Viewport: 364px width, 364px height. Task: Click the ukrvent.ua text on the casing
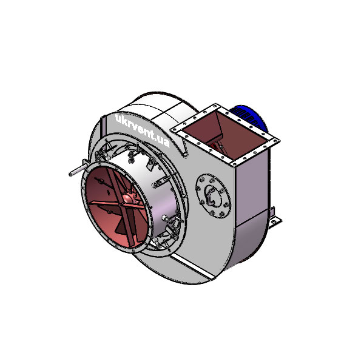pos(142,130)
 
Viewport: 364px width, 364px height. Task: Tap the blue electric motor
pos(249,118)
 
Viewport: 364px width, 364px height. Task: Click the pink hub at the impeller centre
pos(128,198)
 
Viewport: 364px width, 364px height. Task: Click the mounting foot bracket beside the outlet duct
pos(275,217)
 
